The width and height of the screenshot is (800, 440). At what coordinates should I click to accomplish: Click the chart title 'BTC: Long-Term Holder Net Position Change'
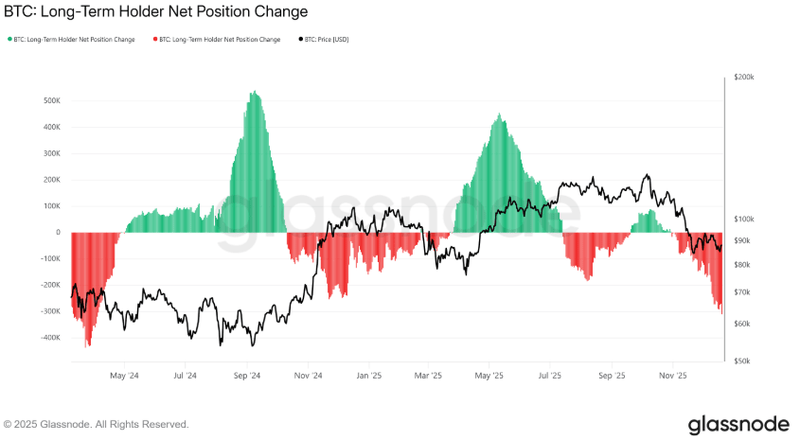[156, 12]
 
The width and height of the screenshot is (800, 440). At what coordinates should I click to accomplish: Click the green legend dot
[9, 40]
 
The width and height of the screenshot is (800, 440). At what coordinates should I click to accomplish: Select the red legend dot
[155, 40]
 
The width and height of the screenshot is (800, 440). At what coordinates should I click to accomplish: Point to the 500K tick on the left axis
[51, 100]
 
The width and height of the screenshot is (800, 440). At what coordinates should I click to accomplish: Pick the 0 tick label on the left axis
[58, 233]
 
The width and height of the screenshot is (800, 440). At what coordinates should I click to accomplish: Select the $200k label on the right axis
[744, 77]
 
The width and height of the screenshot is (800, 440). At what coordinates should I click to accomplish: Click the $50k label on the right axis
[743, 361]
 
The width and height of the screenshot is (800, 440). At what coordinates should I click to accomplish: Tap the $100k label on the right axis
[744, 220]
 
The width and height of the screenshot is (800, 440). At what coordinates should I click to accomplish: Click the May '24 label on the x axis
[124, 376]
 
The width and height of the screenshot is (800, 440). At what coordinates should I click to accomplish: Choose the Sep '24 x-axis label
[247, 376]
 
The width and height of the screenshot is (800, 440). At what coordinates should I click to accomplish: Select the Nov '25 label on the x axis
[673, 376]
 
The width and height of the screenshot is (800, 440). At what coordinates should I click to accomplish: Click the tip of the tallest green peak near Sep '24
[253, 92]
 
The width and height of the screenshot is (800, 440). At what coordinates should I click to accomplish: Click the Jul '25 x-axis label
[550, 376]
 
